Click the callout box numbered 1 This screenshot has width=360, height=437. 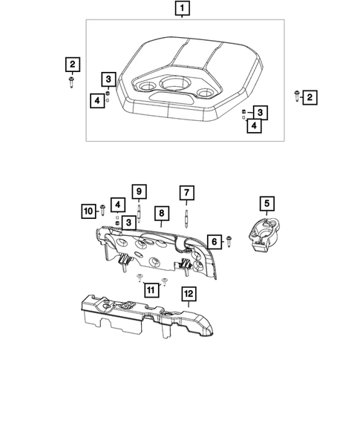(181, 10)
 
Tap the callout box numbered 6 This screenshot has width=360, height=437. (213, 241)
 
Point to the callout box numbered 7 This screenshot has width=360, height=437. (186, 194)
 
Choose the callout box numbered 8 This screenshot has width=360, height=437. (160, 214)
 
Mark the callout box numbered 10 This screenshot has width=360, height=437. (88, 211)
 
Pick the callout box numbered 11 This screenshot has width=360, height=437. (152, 289)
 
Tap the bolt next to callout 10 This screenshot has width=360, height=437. (102, 211)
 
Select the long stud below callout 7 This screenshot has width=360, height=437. (186, 215)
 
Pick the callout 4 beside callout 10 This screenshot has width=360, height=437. (117, 204)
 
